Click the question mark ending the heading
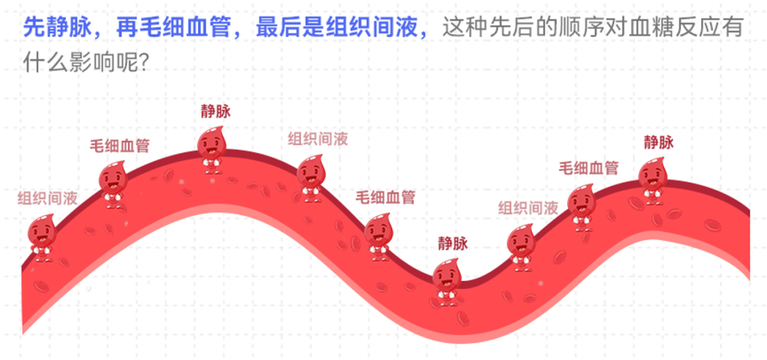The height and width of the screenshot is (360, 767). click(x=142, y=64)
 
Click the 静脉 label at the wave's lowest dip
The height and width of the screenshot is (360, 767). click(x=452, y=244)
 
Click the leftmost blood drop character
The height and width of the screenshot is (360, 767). click(x=42, y=238)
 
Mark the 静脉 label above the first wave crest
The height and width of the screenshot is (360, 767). click(x=216, y=110)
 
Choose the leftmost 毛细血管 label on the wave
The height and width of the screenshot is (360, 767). click(x=119, y=146)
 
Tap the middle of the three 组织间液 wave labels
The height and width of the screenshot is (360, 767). click(x=317, y=138)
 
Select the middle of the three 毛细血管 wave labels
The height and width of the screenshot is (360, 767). click(x=385, y=197)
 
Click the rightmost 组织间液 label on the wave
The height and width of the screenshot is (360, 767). click(x=528, y=208)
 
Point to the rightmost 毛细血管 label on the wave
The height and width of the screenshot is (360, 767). click(x=588, y=168)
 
